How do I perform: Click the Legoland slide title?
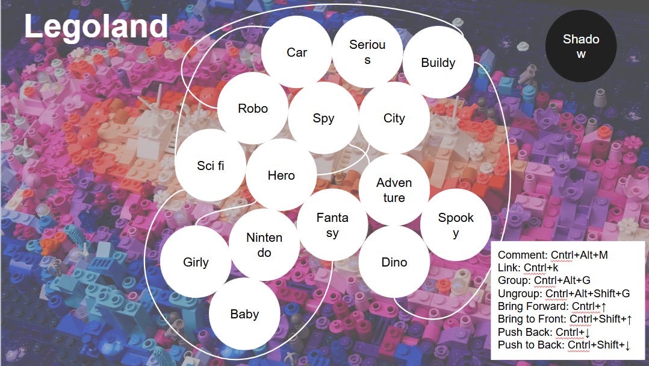pos(96,27)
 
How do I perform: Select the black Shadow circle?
pos(581,46)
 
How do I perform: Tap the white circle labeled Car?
pos(297,52)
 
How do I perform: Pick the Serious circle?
pos(367,52)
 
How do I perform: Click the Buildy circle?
pos(438,63)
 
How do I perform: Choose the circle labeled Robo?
pos(253,109)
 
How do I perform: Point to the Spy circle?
pos(323,118)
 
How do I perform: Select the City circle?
pos(394,118)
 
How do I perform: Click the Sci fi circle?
pos(210,165)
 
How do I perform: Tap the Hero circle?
pos(281,175)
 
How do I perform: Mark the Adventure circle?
pos(394,189)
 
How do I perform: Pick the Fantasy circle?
pos(332,225)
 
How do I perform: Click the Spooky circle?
pos(456,225)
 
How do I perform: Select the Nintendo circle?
pos(264,245)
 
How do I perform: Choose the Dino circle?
pos(394,262)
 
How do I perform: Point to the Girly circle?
pos(196,262)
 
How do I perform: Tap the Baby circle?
pos(244,314)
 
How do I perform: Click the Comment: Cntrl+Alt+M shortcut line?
pos(553,255)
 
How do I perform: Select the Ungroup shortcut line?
pos(564,294)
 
